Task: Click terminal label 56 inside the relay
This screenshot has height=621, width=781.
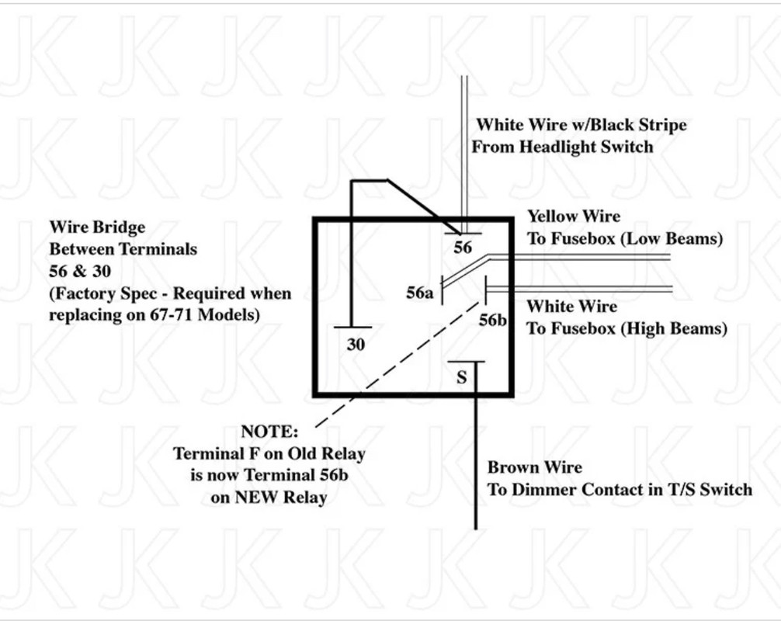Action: (462, 247)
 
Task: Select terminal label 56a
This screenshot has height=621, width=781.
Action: (420, 293)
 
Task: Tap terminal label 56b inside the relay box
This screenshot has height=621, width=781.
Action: (493, 320)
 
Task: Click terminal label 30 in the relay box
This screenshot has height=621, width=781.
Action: (356, 344)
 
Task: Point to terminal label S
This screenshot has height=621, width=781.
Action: (462, 377)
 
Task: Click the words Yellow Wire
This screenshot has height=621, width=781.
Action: (574, 216)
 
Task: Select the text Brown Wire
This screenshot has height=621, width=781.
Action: (534, 467)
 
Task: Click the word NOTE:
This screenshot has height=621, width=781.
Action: (269, 432)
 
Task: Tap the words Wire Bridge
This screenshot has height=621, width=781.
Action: (98, 227)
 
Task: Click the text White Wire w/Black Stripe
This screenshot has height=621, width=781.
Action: (581, 124)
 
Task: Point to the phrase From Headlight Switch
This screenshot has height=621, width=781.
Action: (562, 147)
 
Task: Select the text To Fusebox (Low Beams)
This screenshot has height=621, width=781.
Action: (625, 238)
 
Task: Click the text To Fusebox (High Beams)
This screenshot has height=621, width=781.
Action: (627, 328)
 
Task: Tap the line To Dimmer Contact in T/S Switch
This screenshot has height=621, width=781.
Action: (620, 490)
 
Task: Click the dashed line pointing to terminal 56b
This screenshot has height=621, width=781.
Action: (397, 364)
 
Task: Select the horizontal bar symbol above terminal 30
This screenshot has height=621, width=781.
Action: (352, 327)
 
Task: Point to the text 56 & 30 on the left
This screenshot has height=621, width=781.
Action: (80, 271)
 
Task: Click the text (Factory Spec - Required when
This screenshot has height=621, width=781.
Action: (170, 293)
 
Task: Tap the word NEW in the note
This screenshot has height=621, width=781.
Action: (254, 497)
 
